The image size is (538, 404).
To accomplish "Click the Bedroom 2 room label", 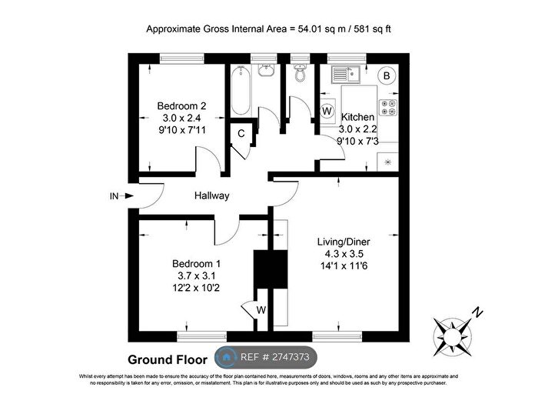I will tap(181, 105).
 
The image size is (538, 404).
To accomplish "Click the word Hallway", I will tap(211, 195).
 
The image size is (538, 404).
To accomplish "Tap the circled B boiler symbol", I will tap(387, 76).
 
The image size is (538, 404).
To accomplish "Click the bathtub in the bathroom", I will tap(239, 91).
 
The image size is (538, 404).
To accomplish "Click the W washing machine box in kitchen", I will tap(327, 111).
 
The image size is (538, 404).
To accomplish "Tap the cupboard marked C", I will tap(241, 133).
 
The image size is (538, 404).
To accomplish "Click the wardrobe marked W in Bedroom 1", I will tap(261, 311).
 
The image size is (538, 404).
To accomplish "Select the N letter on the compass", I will tap(477, 312).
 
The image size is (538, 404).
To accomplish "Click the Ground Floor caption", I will tap(167, 359).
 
